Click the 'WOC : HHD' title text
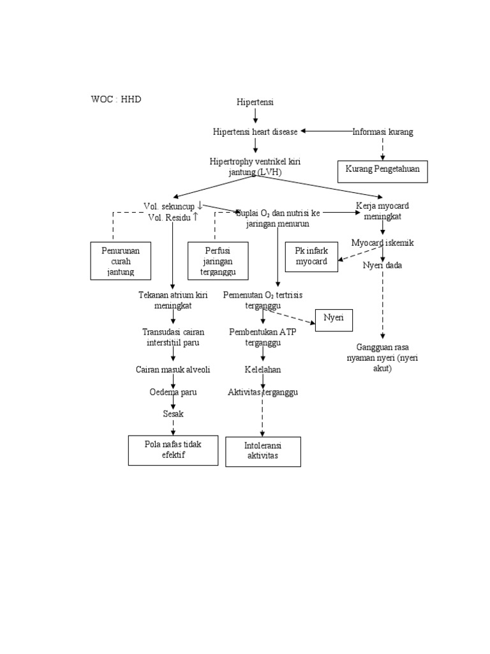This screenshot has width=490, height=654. [116, 100]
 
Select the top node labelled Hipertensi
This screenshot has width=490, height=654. [255, 102]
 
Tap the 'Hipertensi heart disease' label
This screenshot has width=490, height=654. [255, 132]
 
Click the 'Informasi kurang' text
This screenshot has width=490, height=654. [383, 132]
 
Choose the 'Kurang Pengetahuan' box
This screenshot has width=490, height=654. [383, 171]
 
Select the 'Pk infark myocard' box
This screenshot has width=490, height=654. [311, 257]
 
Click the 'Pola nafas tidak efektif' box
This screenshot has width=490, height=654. [173, 450]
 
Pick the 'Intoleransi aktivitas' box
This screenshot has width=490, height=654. [263, 452]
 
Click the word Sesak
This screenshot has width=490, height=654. [173, 414]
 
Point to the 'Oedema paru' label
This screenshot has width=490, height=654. [173, 392]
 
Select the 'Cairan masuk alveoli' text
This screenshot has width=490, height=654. [173, 370]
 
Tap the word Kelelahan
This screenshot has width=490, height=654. [263, 370]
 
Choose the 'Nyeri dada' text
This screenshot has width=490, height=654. [383, 265]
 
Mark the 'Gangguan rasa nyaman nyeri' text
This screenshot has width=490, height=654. [383, 358]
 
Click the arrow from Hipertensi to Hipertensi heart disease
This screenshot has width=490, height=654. [255, 116]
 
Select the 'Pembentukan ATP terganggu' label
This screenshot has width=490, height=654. [263, 337]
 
